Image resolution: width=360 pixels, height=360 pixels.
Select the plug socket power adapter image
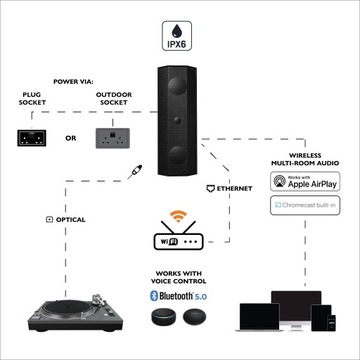point(33,136)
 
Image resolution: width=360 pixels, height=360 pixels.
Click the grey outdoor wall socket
point(115,136)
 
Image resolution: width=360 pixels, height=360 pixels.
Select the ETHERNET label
point(234,187)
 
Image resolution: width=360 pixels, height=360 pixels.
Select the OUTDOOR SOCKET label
point(113,98)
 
